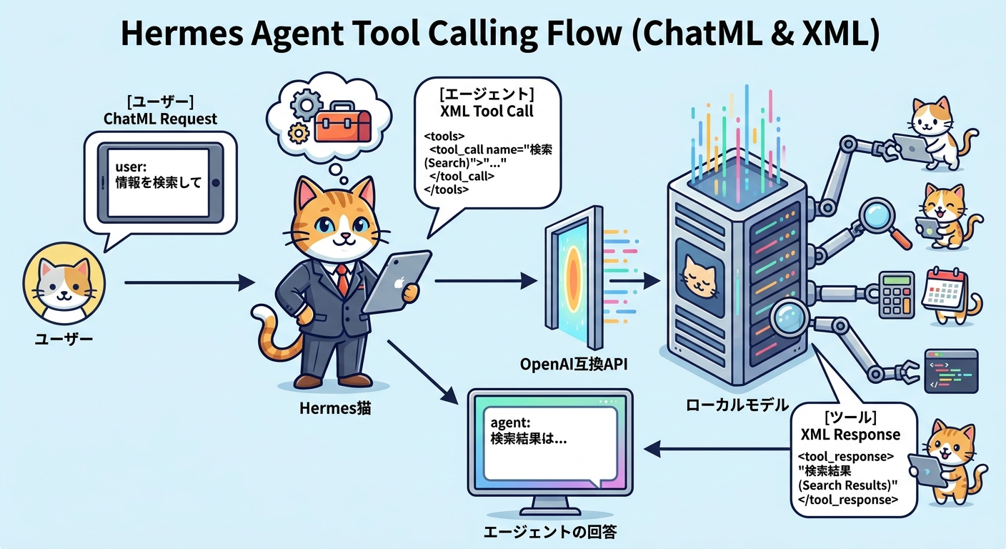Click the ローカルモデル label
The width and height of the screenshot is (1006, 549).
[x=737, y=405]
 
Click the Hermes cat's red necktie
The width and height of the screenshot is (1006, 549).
[x=344, y=280]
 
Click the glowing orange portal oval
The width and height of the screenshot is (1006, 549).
[x=572, y=275]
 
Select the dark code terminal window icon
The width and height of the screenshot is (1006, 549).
[x=950, y=370]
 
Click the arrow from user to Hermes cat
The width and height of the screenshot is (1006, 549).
[x=189, y=284]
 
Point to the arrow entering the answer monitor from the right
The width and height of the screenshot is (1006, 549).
[x=714, y=449]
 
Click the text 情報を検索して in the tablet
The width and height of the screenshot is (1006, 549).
[x=158, y=182]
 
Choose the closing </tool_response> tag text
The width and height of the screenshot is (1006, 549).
[x=847, y=500]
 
